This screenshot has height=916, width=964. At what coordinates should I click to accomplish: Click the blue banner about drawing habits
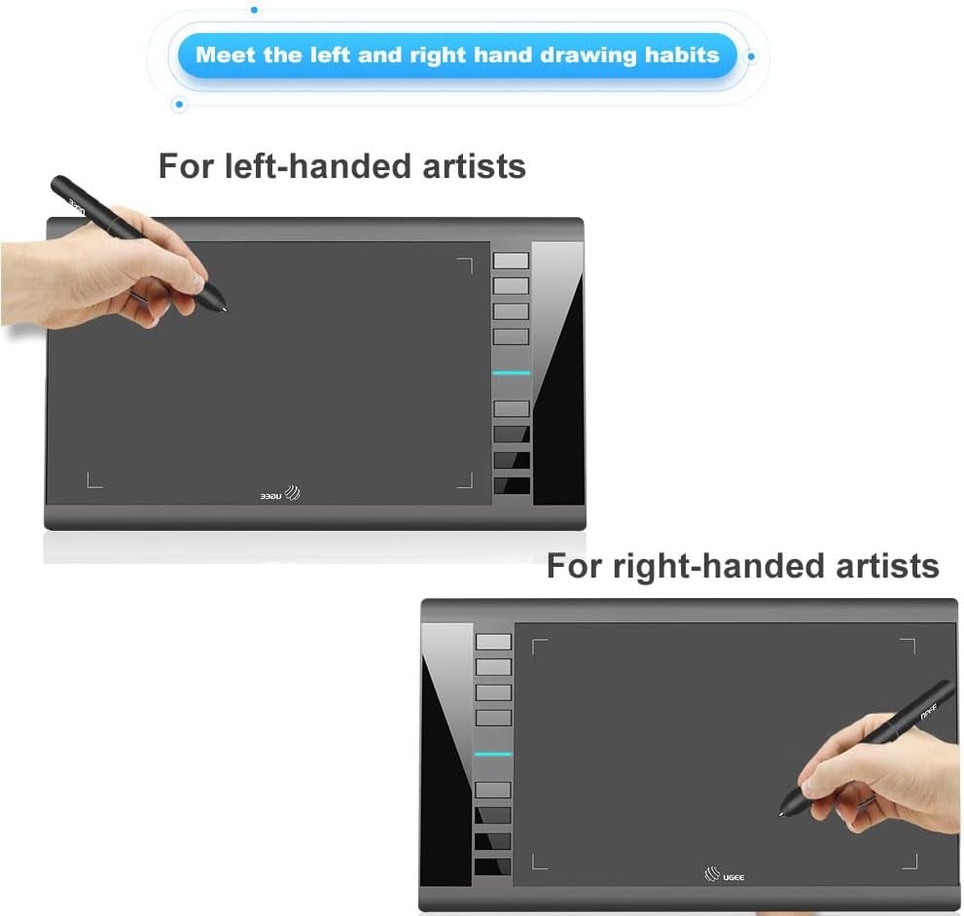point(457,54)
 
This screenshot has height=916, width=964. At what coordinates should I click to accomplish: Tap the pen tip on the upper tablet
point(227,310)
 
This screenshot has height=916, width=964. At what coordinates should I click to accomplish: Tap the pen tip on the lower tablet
point(782,811)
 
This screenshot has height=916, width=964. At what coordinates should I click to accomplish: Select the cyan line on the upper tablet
point(511,372)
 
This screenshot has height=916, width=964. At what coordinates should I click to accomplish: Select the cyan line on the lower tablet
point(493,755)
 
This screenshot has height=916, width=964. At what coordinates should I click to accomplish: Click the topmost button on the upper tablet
point(511,261)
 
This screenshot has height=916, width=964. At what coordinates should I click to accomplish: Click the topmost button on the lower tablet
point(493,642)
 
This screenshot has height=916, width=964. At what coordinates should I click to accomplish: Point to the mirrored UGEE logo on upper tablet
point(279,493)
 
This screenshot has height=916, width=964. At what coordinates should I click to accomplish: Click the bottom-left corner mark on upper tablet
point(93,480)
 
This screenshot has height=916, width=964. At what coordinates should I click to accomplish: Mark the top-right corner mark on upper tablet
point(465,264)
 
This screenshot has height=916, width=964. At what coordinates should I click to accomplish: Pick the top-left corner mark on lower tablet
point(540,646)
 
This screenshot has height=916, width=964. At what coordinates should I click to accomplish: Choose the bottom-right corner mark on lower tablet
point(910,861)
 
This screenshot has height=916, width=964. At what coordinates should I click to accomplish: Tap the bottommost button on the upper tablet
point(512,484)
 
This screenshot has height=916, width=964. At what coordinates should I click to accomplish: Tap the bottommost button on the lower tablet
point(493,865)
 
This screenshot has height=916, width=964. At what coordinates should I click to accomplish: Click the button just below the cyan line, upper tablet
point(511,408)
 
